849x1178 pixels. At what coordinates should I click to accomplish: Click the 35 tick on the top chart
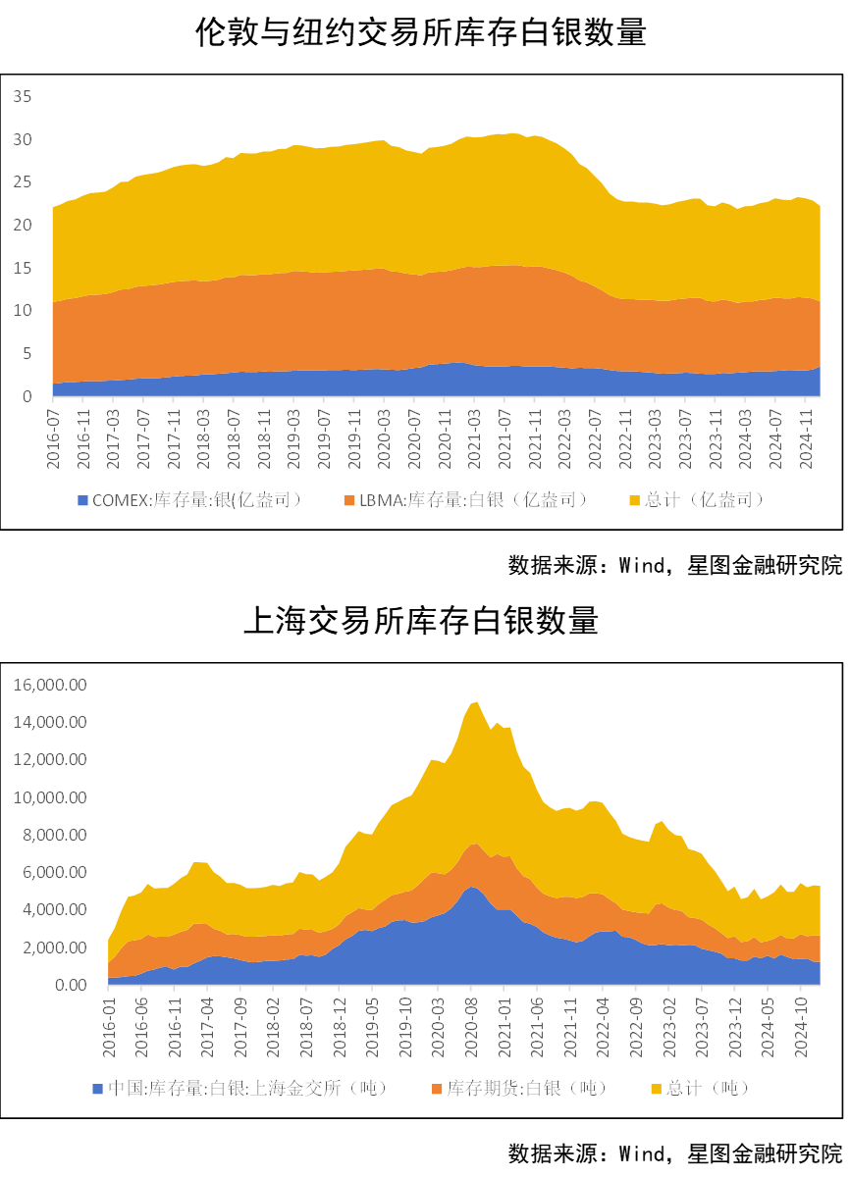click(x=23, y=96)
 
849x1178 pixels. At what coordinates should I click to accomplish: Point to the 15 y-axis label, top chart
click(x=23, y=268)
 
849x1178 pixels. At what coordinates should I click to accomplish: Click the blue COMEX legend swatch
click(x=83, y=500)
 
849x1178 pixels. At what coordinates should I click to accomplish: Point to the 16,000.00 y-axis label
click(x=51, y=685)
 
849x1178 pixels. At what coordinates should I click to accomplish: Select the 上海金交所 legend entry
click(x=246, y=1088)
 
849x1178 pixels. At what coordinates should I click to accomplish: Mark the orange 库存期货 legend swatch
click(x=437, y=1088)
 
